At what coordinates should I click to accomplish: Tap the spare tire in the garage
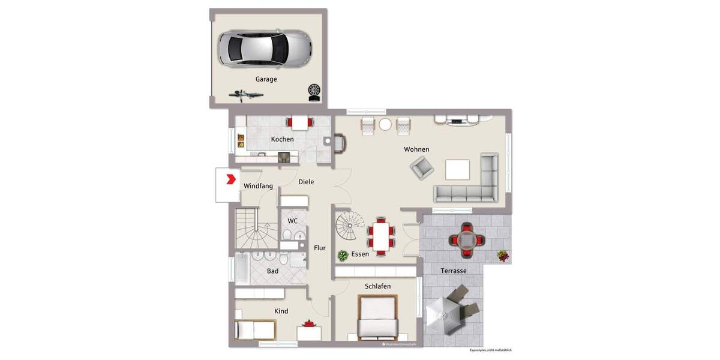(313, 91)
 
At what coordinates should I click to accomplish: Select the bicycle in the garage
(247, 94)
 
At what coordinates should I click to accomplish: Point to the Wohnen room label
(416, 149)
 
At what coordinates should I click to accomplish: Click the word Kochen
(282, 139)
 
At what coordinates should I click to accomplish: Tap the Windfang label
(258, 186)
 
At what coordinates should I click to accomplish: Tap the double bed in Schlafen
(378, 318)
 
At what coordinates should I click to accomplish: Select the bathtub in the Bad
(242, 269)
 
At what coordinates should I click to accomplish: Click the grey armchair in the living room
(422, 167)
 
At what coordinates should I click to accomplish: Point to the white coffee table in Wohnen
(457, 169)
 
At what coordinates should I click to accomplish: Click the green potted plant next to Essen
(343, 256)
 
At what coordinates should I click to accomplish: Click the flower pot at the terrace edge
(503, 256)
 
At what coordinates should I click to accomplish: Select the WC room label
(292, 221)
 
